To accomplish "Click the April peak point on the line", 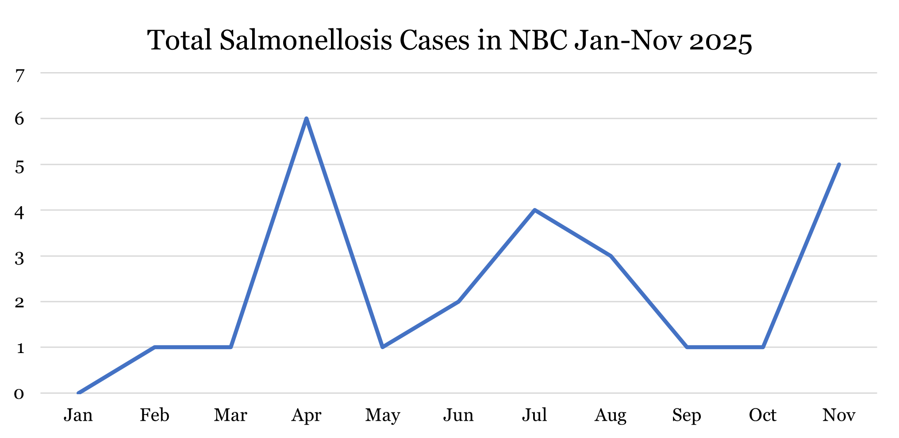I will tap(306, 119).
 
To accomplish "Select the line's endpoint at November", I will tap(839, 165).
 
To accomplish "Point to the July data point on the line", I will tap(534, 210).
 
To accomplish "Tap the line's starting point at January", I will tap(78, 393).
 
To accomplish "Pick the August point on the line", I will tap(611, 256).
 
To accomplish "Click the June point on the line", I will tap(458, 302).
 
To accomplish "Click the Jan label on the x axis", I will tap(78, 415).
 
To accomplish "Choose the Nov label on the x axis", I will tap(839, 415).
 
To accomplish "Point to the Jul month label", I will tap(534, 415).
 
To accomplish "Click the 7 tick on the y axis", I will tap(19, 76).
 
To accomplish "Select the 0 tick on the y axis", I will tap(19, 393).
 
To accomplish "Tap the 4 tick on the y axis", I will tap(19, 212).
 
